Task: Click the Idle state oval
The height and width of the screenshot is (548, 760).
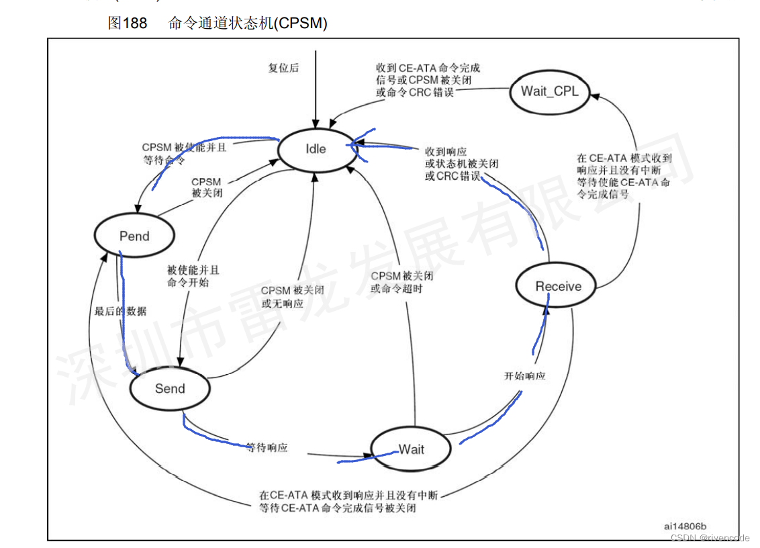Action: [x=316, y=148]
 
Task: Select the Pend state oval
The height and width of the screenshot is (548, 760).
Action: [x=134, y=236]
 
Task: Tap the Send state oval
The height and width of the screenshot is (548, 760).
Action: [x=170, y=388]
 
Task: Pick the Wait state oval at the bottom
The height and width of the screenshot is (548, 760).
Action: [x=411, y=449]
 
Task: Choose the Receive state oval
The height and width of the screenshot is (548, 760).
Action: [x=558, y=286]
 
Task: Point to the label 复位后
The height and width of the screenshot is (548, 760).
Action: [x=283, y=68]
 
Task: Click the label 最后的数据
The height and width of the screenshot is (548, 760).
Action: [x=121, y=311]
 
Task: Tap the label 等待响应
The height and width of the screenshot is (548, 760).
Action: [x=266, y=447]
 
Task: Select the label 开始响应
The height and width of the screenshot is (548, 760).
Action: [x=524, y=375]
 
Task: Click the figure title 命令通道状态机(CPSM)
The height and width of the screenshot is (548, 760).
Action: [x=248, y=24]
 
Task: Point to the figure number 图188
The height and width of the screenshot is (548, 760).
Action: [x=128, y=24]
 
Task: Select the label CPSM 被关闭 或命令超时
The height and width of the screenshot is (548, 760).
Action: [x=401, y=282]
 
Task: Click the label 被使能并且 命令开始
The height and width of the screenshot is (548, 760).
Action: [x=193, y=276]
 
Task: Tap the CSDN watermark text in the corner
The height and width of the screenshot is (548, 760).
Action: [x=710, y=538]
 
